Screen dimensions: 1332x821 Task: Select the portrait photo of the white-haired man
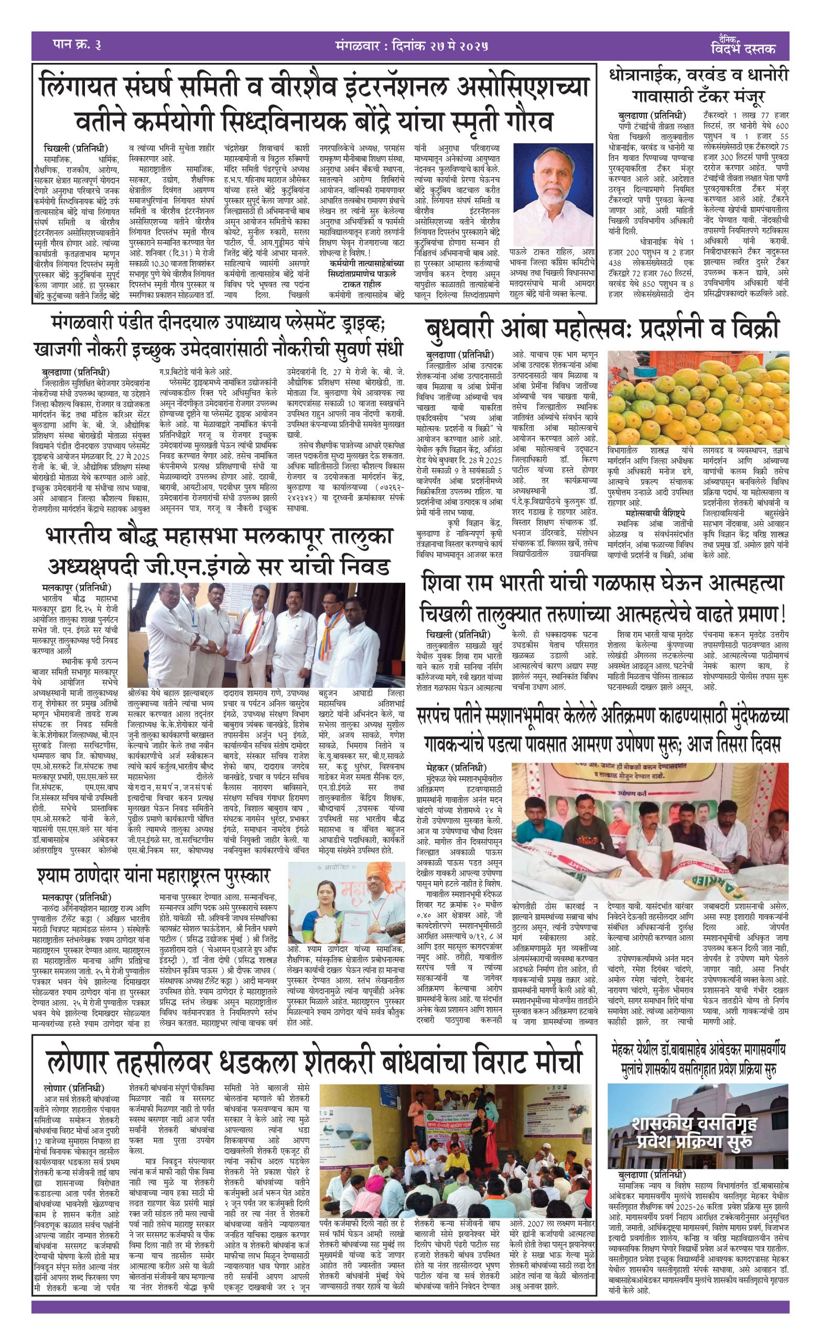pyautogui.click(x=553, y=194)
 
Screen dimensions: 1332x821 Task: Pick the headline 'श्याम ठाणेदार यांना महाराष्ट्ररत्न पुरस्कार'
pyautogui.click(x=154, y=875)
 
